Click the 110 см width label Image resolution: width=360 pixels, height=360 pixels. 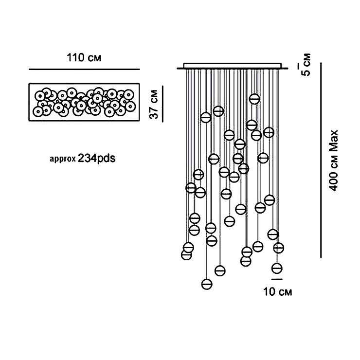coord(84,58)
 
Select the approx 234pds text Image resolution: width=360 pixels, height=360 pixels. coord(82,158)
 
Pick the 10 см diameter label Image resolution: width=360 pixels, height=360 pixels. coord(277,292)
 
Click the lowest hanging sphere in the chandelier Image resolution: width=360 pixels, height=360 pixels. coord(207,284)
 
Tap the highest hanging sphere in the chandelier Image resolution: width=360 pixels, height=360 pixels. coord(254,99)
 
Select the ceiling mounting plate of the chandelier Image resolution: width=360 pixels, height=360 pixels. coord(233,66)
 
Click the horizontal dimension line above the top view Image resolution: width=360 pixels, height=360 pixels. coord(84,70)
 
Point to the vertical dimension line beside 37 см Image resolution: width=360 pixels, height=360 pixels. coord(162,103)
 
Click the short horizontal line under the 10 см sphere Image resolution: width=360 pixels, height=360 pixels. coord(277,280)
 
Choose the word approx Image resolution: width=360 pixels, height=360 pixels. coord(62,159)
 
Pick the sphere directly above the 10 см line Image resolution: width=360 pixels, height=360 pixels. coord(277,268)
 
